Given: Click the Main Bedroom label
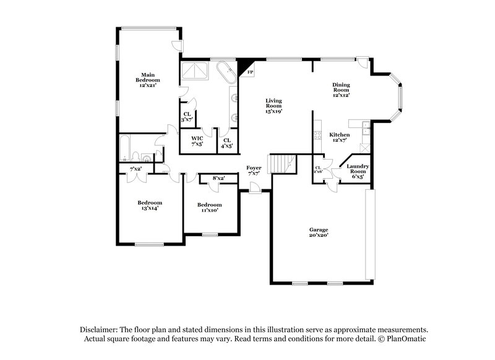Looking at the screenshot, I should (148, 80).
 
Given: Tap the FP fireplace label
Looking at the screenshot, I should (249, 73).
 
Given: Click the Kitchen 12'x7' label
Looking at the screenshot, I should (339, 138).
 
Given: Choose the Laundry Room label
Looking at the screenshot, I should (358, 169).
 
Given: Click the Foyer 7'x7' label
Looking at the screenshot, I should (254, 171).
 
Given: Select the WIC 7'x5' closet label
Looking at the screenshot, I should (197, 141).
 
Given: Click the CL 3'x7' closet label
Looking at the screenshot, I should (186, 116).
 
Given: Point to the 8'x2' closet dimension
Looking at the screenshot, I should (218, 178).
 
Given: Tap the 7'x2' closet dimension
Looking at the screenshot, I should (136, 169).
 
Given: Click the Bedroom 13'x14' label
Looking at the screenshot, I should (150, 205).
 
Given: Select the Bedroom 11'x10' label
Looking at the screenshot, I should (209, 207).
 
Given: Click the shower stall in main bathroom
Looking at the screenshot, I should (196, 72).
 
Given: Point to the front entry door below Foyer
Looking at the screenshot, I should (254, 192).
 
